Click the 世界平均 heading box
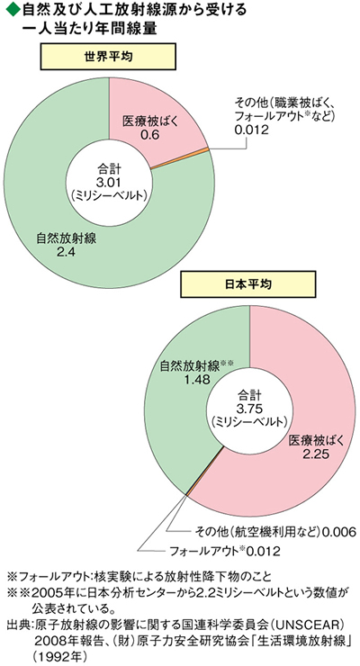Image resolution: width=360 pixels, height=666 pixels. coord(109,58)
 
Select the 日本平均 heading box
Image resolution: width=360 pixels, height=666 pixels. coord(249,283)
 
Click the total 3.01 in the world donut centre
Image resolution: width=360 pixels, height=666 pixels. coord(109,182)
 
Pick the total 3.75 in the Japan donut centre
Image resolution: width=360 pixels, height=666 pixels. coord(249,409)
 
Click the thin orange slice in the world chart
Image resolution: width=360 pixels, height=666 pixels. coord(180,159)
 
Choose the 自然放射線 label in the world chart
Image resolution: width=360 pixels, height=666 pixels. coord(67,238)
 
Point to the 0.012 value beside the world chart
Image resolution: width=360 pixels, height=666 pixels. coord(252,130)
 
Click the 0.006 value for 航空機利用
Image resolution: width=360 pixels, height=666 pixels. coord(337,531)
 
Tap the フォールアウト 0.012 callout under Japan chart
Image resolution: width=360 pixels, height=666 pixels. coord(225,552)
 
